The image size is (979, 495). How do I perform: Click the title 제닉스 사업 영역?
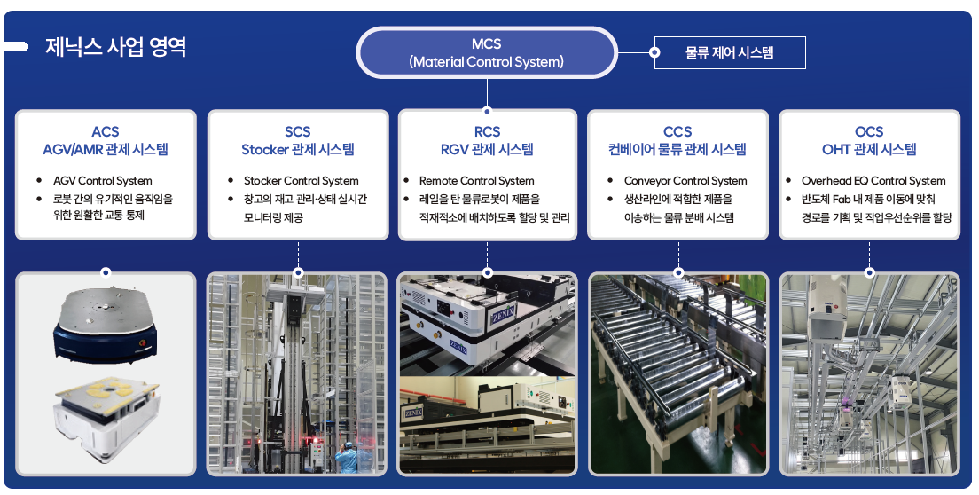pyautogui.click(x=115, y=47)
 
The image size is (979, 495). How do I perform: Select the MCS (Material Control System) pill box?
pyautogui.click(x=486, y=52)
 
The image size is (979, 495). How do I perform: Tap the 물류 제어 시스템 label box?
pyautogui.click(x=729, y=52)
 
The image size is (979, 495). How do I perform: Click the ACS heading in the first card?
pyautogui.click(x=106, y=131)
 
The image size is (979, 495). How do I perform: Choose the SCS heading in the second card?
pyautogui.click(x=298, y=131)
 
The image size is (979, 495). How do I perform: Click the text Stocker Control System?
pyautogui.click(x=302, y=181)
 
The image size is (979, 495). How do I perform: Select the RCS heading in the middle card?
pyautogui.click(x=487, y=131)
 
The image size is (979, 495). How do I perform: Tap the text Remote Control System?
pyautogui.click(x=477, y=181)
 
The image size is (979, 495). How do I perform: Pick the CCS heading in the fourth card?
pyautogui.click(x=677, y=131)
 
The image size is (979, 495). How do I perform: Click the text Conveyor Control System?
pyautogui.click(x=685, y=181)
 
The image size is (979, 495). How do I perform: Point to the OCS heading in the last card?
pyautogui.click(x=869, y=131)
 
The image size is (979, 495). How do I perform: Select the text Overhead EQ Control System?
pyautogui.click(x=873, y=181)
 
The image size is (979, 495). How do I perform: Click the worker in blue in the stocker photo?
pyautogui.click(x=343, y=459)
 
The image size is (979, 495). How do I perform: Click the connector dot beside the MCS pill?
pyautogui.click(x=655, y=52)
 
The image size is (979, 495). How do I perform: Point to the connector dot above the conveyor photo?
pyautogui.click(x=678, y=272)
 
